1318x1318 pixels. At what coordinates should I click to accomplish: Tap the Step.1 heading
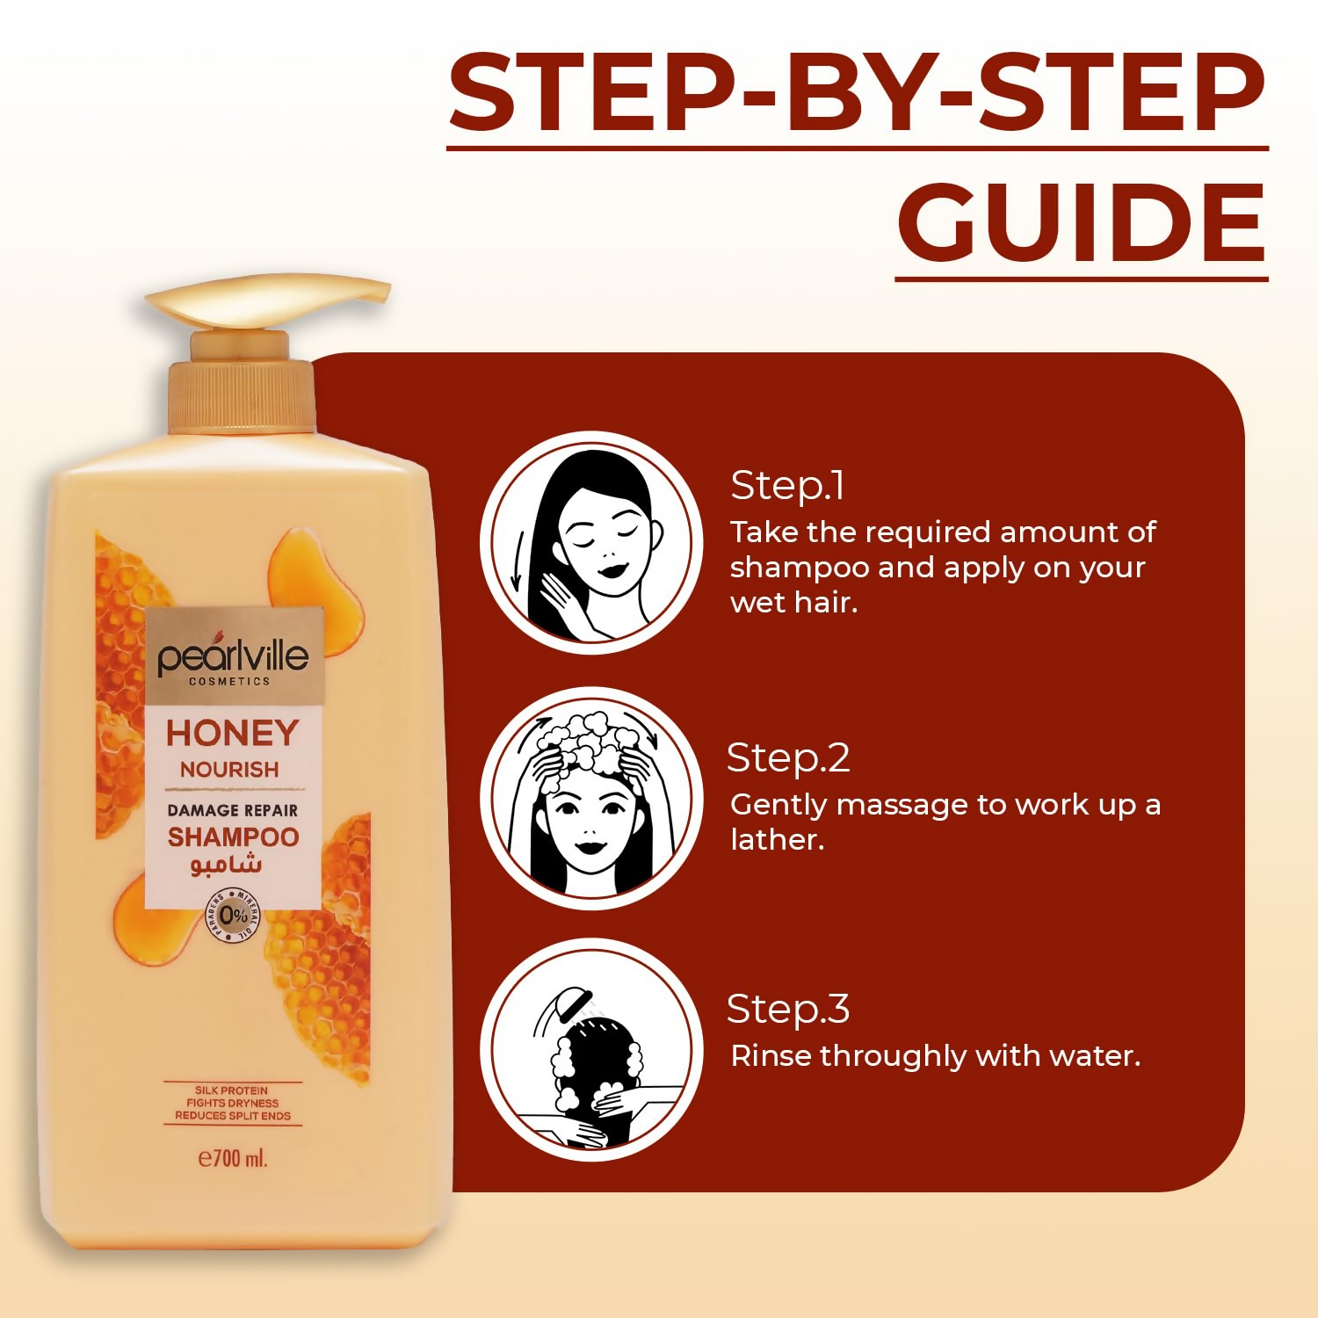click(787, 486)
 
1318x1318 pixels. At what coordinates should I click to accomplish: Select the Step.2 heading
click(788, 758)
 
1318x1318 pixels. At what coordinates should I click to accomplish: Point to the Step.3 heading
click(788, 1010)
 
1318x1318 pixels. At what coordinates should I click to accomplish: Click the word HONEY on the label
click(233, 733)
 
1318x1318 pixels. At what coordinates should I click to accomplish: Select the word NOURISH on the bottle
click(229, 770)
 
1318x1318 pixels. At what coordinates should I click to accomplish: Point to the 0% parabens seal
click(233, 916)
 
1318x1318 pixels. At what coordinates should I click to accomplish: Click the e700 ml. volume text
click(233, 1158)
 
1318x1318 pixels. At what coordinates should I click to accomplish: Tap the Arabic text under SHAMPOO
click(227, 865)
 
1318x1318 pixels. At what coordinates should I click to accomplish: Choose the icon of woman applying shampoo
click(591, 542)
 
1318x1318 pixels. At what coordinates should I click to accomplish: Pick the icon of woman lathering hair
click(591, 798)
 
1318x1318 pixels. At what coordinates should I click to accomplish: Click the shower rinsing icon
click(591, 1049)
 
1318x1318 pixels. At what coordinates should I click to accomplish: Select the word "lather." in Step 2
click(778, 840)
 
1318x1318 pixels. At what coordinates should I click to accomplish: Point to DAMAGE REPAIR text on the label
click(233, 810)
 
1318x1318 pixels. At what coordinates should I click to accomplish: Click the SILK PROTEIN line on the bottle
click(232, 1090)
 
